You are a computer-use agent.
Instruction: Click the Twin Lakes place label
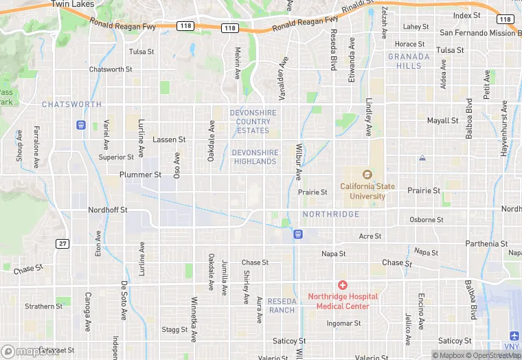[x=72, y=4]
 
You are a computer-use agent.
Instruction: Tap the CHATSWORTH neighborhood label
[x=71, y=104]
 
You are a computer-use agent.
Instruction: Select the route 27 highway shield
[x=63, y=244]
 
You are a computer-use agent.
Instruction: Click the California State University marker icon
[x=366, y=175]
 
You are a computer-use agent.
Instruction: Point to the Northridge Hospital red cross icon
[x=343, y=285]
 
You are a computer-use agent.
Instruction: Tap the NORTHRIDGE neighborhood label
[x=331, y=214]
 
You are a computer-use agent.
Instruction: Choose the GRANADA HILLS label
[x=413, y=61]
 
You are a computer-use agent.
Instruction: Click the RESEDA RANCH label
[x=281, y=306]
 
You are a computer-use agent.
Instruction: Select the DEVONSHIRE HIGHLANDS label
[x=255, y=157]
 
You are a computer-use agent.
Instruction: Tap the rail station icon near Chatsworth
[x=81, y=125]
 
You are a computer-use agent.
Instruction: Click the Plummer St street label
[x=140, y=175]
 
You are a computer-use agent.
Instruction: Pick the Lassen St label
[x=169, y=139]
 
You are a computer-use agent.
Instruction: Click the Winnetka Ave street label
[x=194, y=319]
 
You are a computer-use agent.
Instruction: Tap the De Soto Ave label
[x=125, y=302]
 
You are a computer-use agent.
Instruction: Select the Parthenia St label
[x=486, y=244]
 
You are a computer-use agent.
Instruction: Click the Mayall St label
[x=442, y=121]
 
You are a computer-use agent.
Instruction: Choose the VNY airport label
[x=511, y=346]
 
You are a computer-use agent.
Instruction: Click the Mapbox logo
[x=30, y=351]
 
